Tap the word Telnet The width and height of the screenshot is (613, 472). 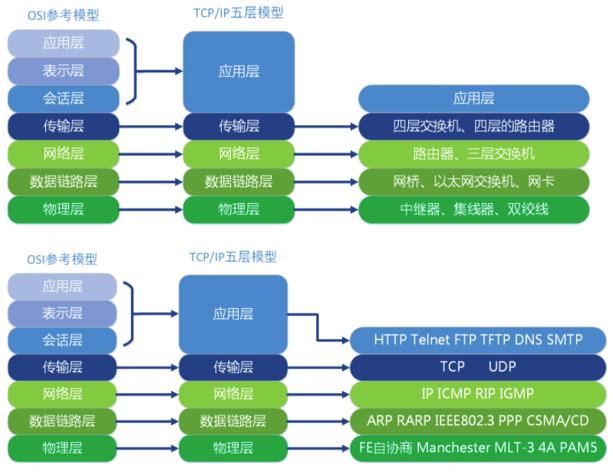[437, 339]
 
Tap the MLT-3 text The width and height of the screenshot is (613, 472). [524, 447]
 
